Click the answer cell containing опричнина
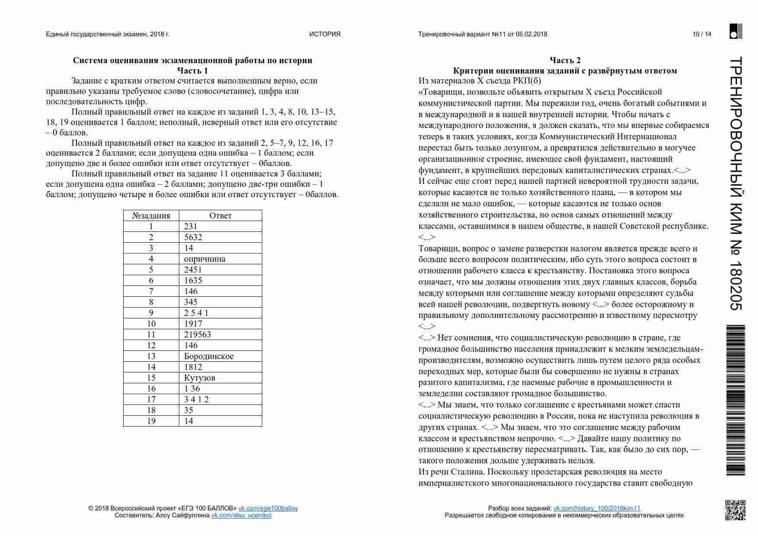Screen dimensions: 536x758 pyautogui.click(x=204, y=259)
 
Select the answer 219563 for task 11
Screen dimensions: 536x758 pyautogui.click(x=197, y=334)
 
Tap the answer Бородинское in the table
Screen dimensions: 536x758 pyautogui.click(x=209, y=356)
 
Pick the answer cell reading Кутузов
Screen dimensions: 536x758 pyautogui.click(x=199, y=378)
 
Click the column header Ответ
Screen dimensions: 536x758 pyautogui.click(x=220, y=215)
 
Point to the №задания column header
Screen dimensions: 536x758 pyautogui.click(x=151, y=215)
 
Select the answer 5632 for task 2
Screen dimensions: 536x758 pyautogui.click(x=193, y=237)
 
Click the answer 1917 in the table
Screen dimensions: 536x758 pyautogui.click(x=193, y=324)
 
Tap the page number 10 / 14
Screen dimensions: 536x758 pyautogui.click(x=701, y=34)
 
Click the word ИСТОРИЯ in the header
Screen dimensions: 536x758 pyautogui.click(x=325, y=34)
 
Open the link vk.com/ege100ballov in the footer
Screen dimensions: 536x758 pyautogui.click(x=268, y=508)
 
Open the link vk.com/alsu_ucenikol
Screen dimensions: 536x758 pyautogui.click(x=242, y=515)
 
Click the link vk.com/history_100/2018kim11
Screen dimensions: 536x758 pyautogui.click(x=597, y=508)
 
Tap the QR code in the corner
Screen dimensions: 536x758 pyautogui.click(x=735, y=510)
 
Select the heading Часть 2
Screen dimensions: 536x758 pyautogui.click(x=565, y=60)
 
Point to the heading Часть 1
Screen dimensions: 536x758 pyautogui.click(x=192, y=71)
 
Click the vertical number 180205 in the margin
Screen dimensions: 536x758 pyautogui.click(x=736, y=286)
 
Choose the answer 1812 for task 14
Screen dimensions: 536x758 pyautogui.click(x=193, y=367)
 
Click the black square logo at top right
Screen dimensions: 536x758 pyautogui.click(x=736, y=31)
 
